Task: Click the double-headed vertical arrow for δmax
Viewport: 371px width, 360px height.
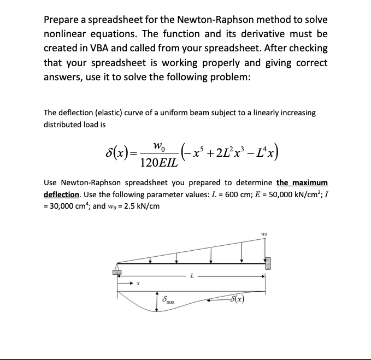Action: click(x=157, y=301)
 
